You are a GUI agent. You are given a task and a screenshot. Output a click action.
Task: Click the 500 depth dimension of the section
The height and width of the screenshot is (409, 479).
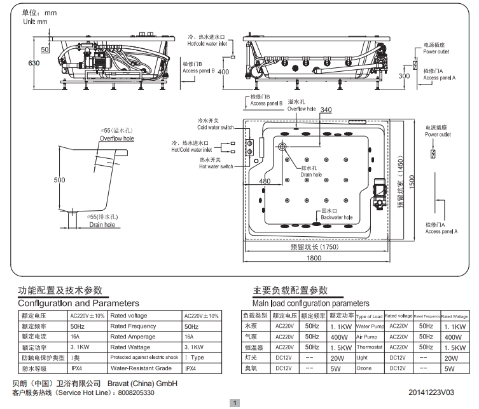[59, 180]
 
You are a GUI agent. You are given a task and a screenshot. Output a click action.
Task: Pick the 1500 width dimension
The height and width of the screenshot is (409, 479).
[412, 181]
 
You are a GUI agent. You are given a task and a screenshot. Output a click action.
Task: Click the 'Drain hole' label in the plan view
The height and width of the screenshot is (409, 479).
[311, 171]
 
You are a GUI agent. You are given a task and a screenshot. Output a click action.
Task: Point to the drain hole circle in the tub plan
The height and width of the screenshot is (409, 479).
[281, 148]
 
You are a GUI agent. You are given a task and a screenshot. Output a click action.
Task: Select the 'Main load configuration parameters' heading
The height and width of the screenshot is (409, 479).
[310, 304]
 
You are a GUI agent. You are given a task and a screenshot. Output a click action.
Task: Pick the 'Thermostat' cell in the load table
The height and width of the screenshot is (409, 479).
[369, 347]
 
